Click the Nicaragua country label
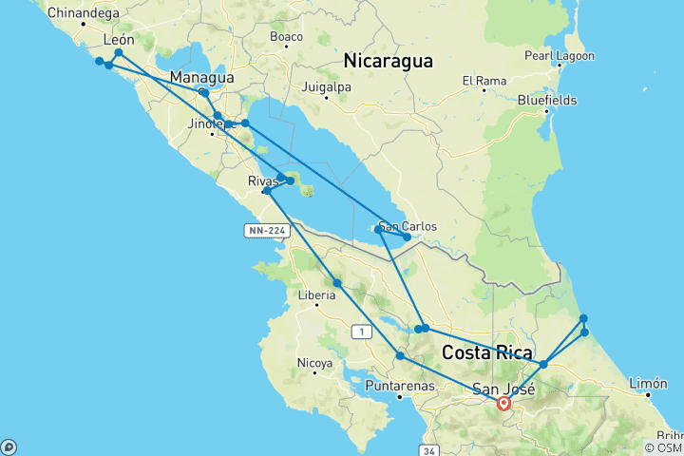pyautogui.click(x=388, y=61)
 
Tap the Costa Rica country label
pyautogui.click(x=486, y=352)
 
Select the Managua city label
pyautogui.click(x=201, y=77)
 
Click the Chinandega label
pyautogui.click(x=83, y=13)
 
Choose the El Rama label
pyautogui.click(x=484, y=81)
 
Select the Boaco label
pyautogui.click(x=286, y=37)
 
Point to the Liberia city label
pyautogui.click(x=317, y=294)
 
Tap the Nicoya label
pyautogui.click(x=314, y=363)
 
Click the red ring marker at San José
pyautogui.click(x=504, y=404)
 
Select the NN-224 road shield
pyautogui.click(x=261, y=230)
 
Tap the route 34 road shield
pyautogui.click(x=430, y=450)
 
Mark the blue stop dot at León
pyautogui.click(x=119, y=53)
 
